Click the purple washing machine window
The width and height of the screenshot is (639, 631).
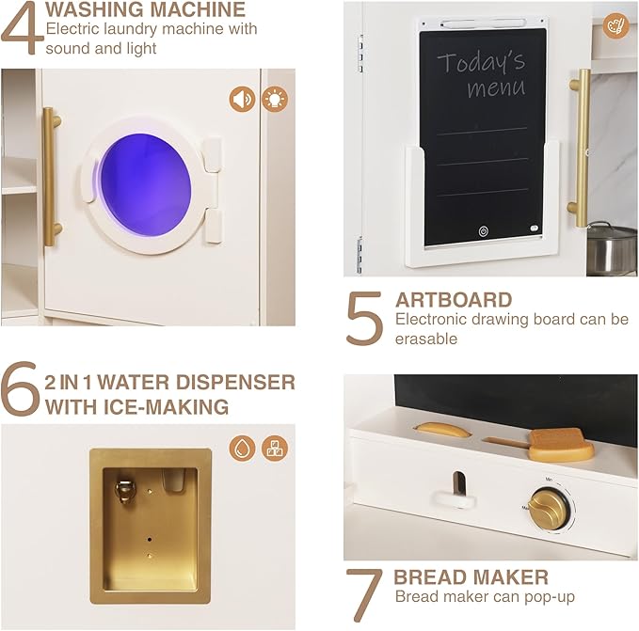click(146, 185)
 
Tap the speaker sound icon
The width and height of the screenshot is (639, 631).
click(242, 99)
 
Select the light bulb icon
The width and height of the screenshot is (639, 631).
click(275, 99)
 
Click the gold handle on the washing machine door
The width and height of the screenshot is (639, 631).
click(51, 177)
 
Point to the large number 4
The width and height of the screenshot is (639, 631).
click(23, 28)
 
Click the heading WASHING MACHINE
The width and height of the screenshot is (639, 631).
click(146, 9)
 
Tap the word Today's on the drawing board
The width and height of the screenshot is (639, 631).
click(481, 62)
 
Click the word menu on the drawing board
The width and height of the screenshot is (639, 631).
click(496, 88)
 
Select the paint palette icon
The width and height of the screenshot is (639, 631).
click(615, 26)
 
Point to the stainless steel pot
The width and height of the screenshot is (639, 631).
click(612, 248)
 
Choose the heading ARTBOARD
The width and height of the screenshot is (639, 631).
click(454, 300)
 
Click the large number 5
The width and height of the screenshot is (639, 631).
click(364, 319)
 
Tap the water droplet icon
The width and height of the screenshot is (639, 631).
click(242, 449)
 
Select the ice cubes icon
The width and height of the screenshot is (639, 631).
click(275, 449)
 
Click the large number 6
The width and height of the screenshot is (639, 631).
click(21, 387)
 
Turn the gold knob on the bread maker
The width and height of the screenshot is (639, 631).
click(549, 509)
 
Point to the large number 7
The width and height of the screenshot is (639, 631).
click(364, 594)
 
